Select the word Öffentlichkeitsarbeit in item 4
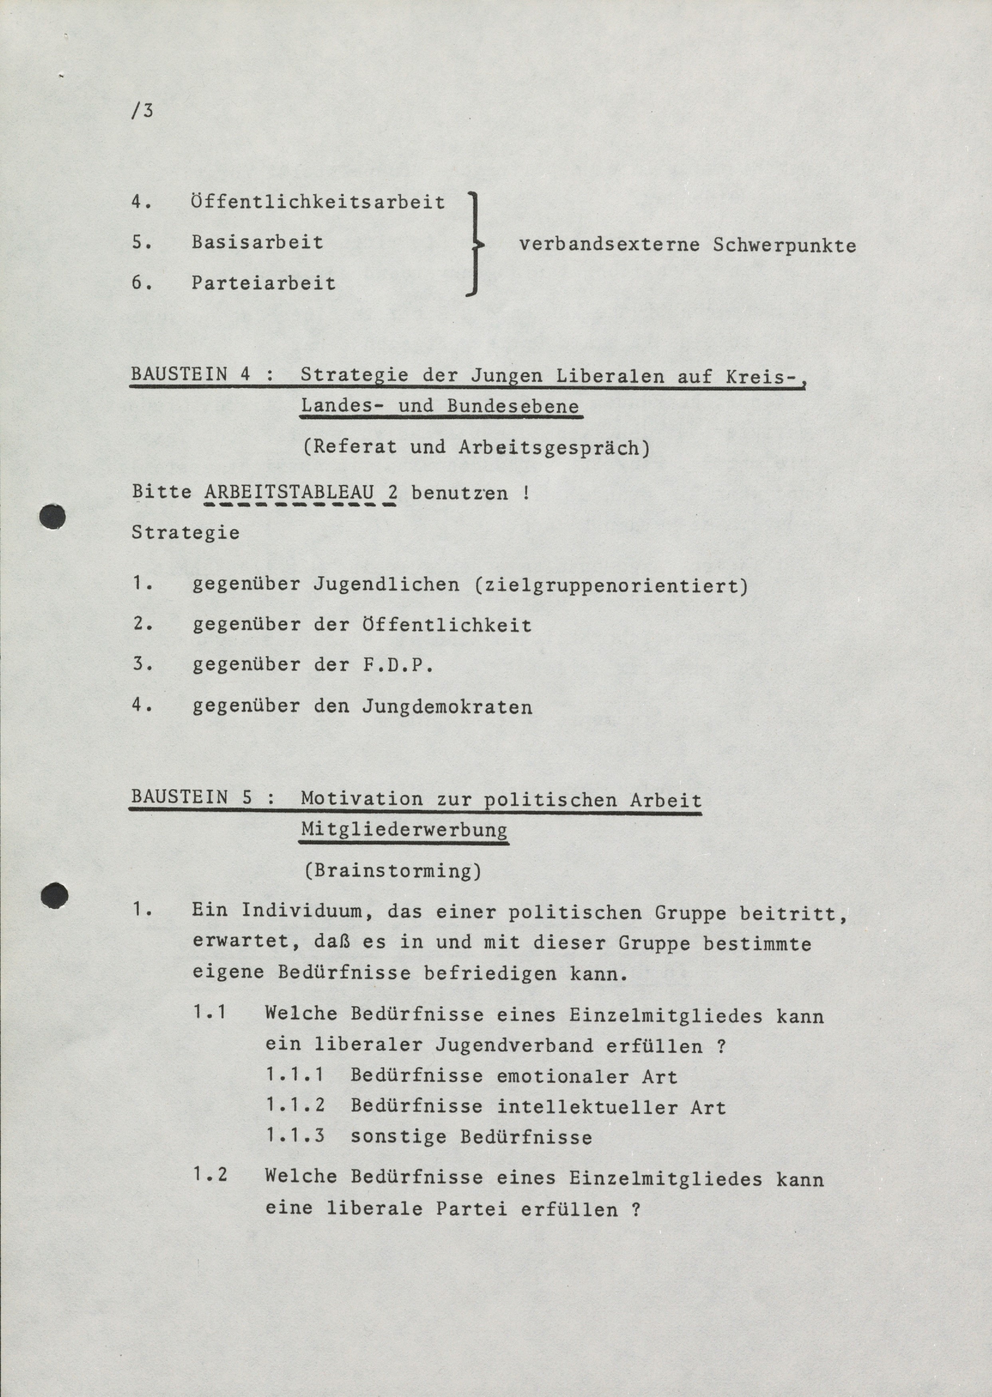click(x=318, y=202)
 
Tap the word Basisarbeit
click(x=257, y=242)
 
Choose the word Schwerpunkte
click(x=784, y=246)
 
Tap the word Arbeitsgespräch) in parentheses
click(x=553, y=448)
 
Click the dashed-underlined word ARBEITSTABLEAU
click(x=289, y=492)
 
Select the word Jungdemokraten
click(x=447, y=707)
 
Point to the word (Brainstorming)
click(x=393, y=870)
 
